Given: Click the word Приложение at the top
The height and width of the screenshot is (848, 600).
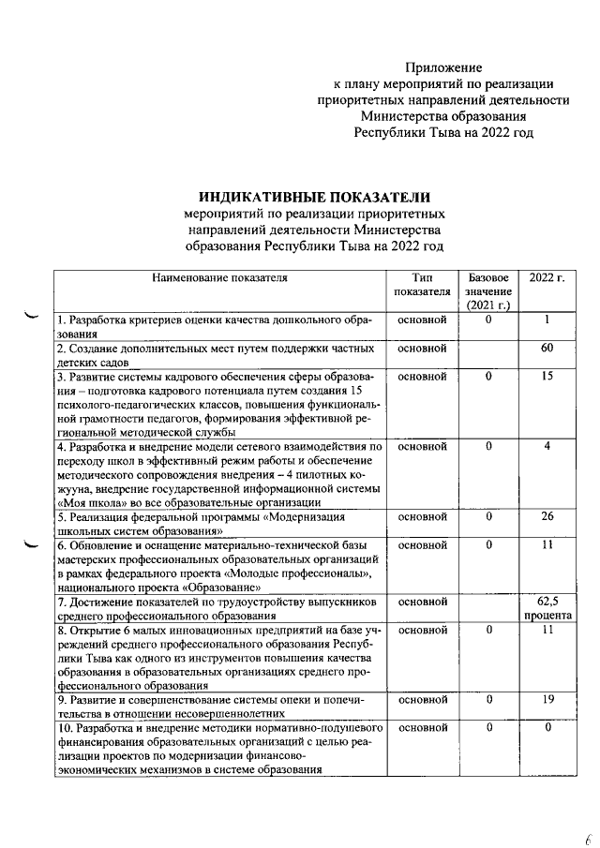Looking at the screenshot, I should [443, 67].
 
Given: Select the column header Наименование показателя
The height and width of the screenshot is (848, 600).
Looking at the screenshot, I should [217, 278].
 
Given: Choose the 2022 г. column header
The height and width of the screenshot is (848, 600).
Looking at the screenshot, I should [546, 278].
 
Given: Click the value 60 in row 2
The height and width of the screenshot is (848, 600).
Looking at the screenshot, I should [546, 349].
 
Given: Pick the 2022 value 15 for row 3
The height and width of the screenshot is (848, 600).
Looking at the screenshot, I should [546, 377].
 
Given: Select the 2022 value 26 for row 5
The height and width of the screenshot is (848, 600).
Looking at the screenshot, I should [546, 516].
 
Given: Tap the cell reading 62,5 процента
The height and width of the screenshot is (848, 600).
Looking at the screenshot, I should [546, 609].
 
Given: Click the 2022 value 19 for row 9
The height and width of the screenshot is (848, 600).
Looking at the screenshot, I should [546, 699].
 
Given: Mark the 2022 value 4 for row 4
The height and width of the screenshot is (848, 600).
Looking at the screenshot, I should [546, 447].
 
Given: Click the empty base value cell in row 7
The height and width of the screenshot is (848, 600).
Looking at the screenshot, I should [488, 608].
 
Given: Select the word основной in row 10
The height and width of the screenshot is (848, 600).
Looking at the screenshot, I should [421, 727].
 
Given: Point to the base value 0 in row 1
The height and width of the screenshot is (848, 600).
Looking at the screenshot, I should [488, 320].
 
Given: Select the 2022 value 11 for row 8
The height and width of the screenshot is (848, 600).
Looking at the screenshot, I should [546, 632].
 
